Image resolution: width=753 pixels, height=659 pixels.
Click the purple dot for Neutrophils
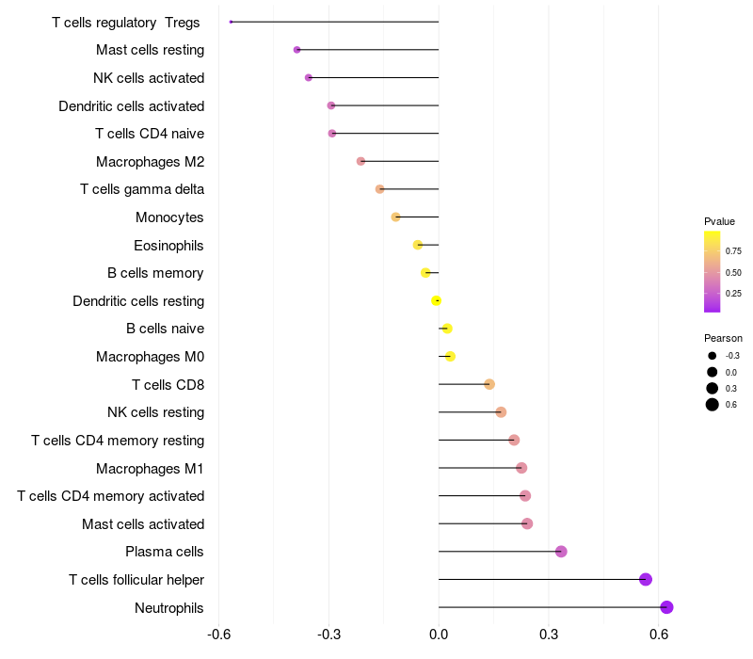click(x=666, y=607)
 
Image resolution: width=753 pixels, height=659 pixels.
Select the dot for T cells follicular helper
click(x=646, y=579)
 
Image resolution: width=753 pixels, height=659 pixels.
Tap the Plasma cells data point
click(x=561, y=552)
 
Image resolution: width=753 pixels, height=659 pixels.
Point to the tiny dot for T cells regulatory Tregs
click(x=231, y=22)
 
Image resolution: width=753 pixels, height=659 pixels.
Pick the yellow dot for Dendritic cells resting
click(x=436, y=300)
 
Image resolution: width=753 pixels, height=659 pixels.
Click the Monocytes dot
click(x=395, y=217)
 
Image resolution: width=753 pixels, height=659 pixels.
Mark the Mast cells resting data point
click(x=296, y=50)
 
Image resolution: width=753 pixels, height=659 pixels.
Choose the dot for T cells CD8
click(x=489, y=384)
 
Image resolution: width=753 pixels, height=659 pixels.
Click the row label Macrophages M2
click(x=150, y=162)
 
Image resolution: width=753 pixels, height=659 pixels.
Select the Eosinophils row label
click(x=168, y=246)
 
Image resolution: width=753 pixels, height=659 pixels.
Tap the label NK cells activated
click(x=149, y=78)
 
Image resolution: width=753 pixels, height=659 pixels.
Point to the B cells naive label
click(x=165, y=329)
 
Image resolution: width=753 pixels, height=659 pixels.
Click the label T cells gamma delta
click(x=142, y=189)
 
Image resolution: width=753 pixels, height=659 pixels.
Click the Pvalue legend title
click(x=719, y=221)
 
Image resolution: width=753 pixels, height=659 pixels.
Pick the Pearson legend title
click(x=723, y=338)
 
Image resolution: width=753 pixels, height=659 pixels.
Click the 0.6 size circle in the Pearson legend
click(x=713, y=405)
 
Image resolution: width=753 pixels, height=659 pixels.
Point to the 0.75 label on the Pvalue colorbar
click(x=733, y=252)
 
